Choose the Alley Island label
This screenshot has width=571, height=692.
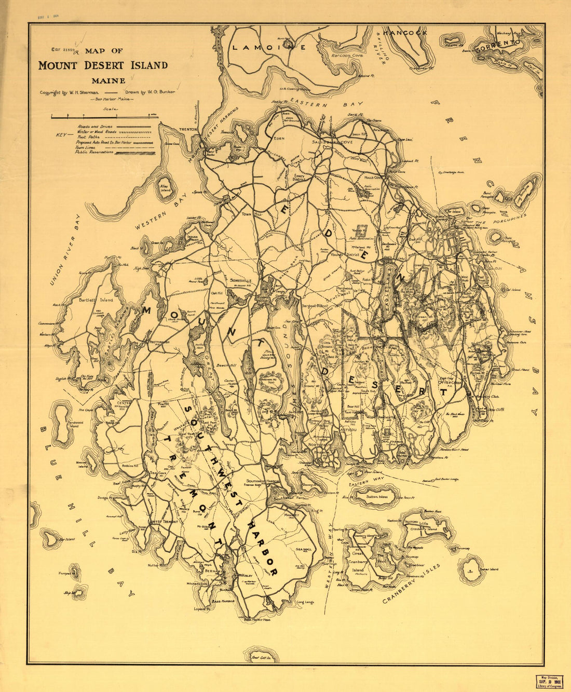click(165, 188)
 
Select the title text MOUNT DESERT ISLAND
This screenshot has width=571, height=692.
click(103, 65)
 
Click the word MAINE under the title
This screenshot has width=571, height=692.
click(108, 80)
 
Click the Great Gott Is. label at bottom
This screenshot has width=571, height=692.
click(262, 658)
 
